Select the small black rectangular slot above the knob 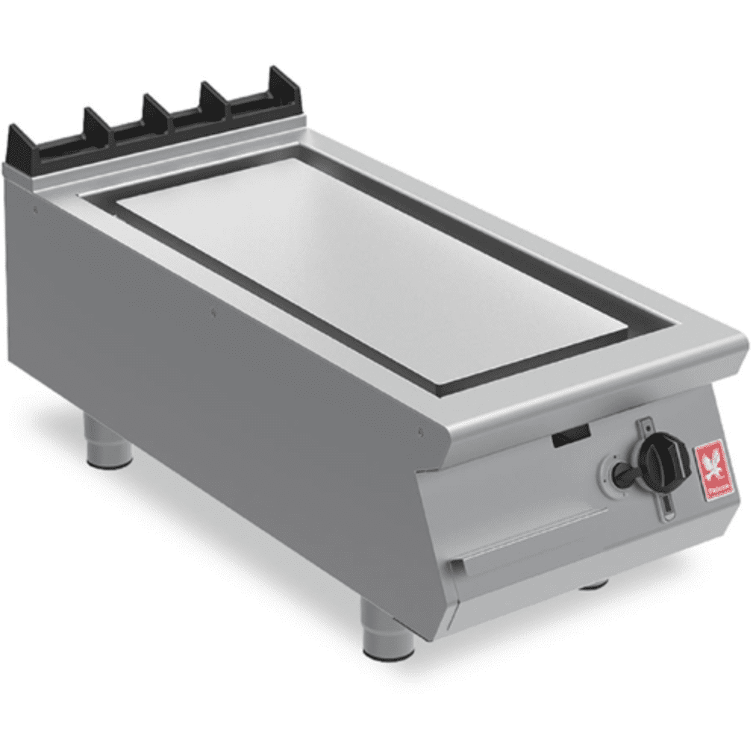coord(571,437)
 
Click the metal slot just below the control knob coord(669,507)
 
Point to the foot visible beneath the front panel coord(595,583)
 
